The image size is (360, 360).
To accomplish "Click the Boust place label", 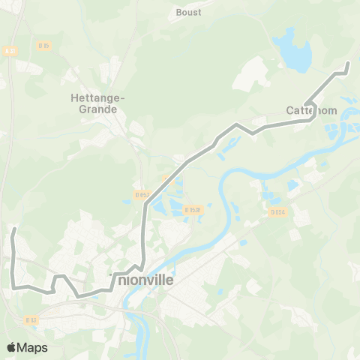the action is [188, 12].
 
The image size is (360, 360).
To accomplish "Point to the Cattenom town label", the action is [311, 110].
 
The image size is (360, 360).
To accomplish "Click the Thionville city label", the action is [142, 279].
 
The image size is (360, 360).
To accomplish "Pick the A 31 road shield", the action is [10, 51].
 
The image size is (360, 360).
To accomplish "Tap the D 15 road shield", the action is [43, 46].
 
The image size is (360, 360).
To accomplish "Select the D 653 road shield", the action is [142, 195].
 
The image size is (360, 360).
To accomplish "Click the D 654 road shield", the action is [279, 212].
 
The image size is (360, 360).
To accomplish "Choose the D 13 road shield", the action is [31, 319].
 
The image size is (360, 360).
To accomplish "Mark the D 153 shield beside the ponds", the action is [191, 210].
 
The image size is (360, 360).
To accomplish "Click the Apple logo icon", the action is [12, 347].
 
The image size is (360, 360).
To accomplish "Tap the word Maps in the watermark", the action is [33, 347].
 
